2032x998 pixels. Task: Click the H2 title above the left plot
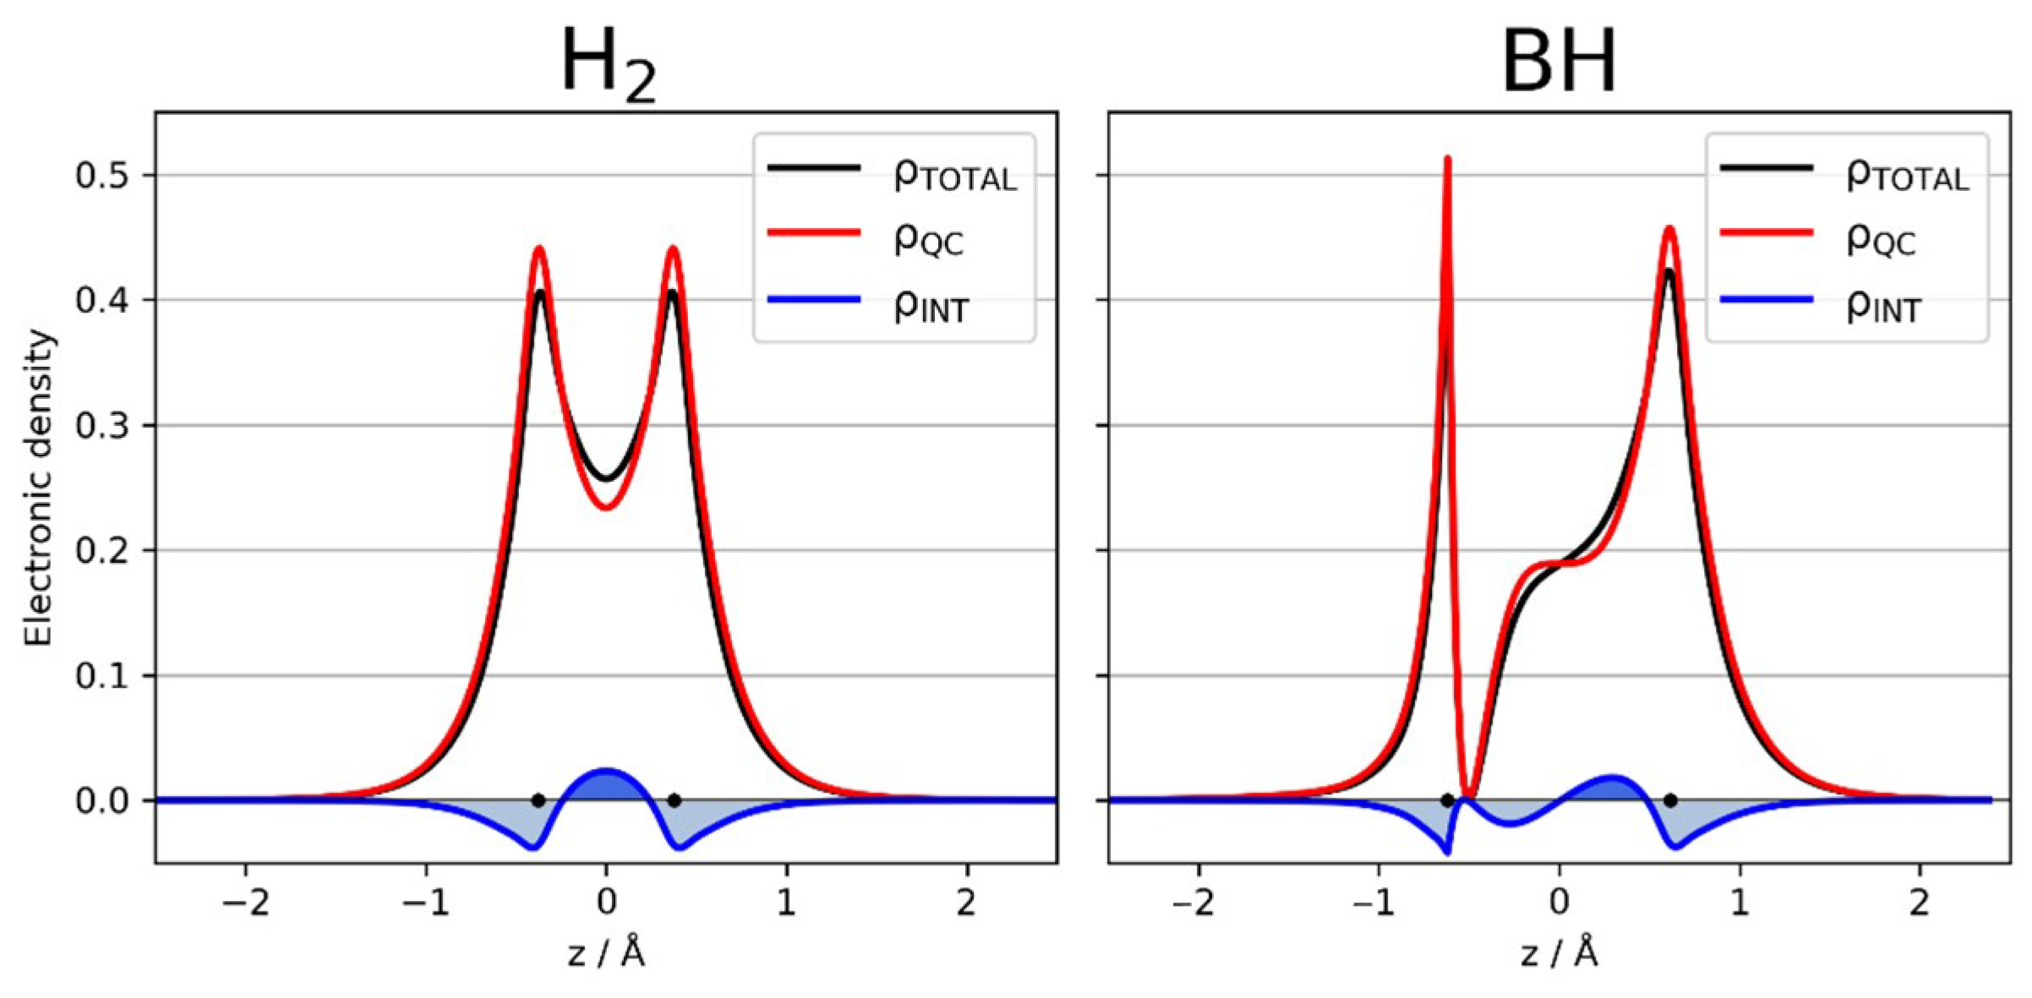point(607,63)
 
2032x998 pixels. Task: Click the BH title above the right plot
point(1559,61)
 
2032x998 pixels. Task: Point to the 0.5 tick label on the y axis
point(102,176)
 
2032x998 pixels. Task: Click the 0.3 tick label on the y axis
point(102,426)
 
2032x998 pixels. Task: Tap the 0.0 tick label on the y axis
point(102,801)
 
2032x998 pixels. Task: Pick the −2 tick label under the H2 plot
point(245,903)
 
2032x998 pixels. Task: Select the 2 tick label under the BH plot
point(1920,903)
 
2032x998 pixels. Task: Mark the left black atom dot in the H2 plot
point(538,800)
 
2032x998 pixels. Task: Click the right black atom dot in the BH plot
point(1670,800)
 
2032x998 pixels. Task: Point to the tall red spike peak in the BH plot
point(1447,161)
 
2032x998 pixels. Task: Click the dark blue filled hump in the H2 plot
point(606,784)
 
